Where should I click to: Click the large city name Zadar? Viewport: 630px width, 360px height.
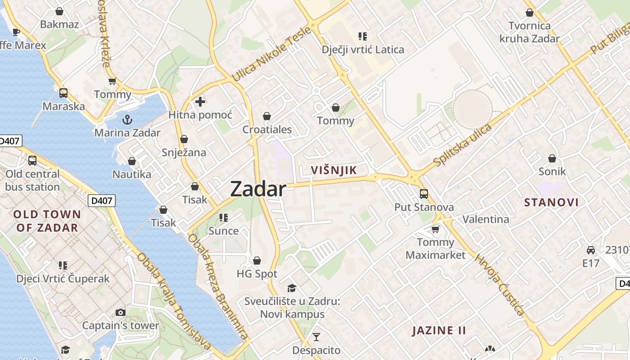click(x=258, y=189)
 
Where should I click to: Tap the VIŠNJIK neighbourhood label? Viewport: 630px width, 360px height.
click(x=334, y=170)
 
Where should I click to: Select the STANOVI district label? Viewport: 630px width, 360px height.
click(x=551, y=202)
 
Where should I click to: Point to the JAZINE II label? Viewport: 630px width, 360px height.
click(x=439, y=330)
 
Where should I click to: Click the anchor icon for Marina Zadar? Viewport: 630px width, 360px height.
click(x=127, y=120)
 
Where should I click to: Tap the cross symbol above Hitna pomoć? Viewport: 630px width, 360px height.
click(x=200, y=102)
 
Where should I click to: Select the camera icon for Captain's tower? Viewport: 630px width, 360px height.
click(x=120, y=312)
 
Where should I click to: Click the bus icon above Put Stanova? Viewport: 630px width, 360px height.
click(x=424, y=194)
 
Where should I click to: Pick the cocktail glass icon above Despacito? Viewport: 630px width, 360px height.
click(x=316, y=337)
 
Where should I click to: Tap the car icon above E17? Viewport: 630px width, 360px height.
click(x=591, y=250)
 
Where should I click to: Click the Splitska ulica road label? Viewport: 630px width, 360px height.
click(x=462, y=145)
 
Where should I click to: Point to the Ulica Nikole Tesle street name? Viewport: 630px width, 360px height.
click(x=271, y=54)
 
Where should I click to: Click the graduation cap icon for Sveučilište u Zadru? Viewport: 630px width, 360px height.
click(x=292, y=288)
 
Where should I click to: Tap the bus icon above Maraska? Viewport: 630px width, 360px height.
click(x=63, y=93)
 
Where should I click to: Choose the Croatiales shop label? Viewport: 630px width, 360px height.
click(x=267, y=130)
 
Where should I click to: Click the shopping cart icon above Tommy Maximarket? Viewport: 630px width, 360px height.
click(x=435, y=229)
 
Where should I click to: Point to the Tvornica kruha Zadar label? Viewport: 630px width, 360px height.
click(x=529, y=32)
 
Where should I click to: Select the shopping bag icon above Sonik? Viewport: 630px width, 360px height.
click(x=552, y=158)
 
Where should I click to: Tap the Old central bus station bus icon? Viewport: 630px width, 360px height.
click(x=32, y=161)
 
